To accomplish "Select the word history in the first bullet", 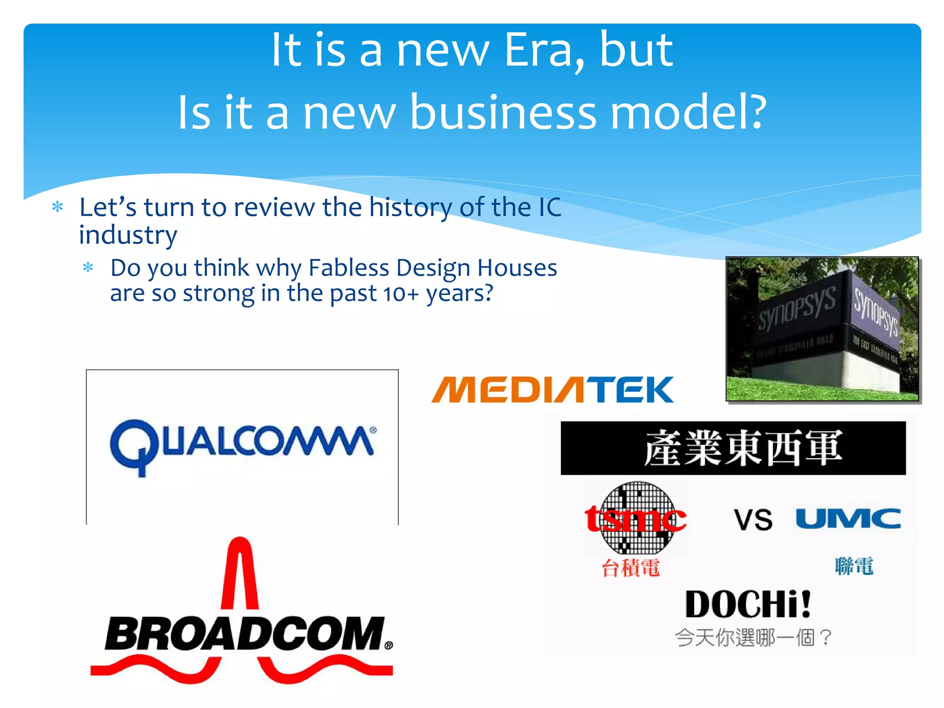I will [x=410, y=207].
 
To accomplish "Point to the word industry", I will [x=128, y=235].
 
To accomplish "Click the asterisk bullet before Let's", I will [x=58, y=207].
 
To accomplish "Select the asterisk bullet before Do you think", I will [x=88, y=267].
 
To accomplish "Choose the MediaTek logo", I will [x=552, y=390].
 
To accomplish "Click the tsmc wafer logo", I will [x=635, y=518].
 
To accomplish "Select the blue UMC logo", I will [x=848, y=519].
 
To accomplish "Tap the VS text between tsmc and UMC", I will [x=753, y=520].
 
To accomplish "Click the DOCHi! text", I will [x=748, y=604].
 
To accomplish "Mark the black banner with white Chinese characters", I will [x=733, y=448].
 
